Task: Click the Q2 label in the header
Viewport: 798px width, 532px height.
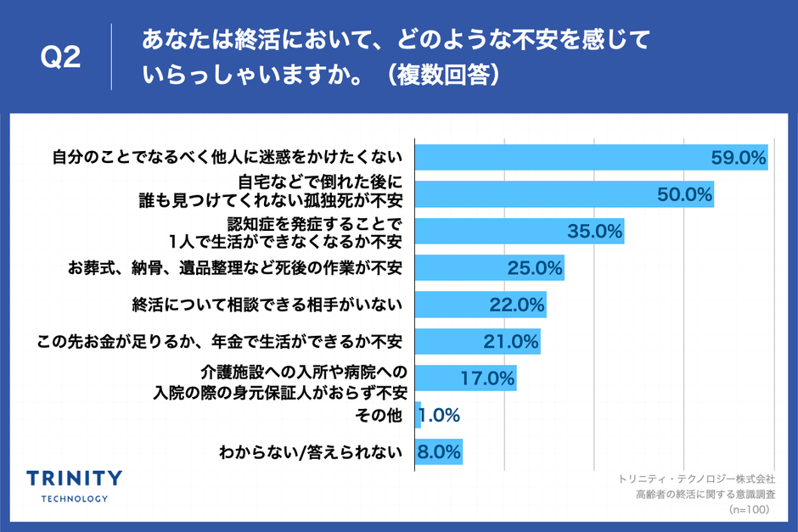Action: tap(61, 58)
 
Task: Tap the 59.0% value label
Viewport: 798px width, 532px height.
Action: tap(738, 158)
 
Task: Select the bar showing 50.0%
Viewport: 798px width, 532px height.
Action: tap(564, 194)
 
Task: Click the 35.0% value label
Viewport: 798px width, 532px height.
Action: tap(595, 231)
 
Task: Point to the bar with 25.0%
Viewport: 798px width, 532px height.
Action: tap(489, 268)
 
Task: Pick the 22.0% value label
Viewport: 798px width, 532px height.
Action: tap(516, 305)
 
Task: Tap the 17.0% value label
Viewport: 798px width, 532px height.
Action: tap(487, 378)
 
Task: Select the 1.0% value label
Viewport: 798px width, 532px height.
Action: tap(441, 415)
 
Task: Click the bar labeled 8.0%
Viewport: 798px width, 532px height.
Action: tap(438, 451)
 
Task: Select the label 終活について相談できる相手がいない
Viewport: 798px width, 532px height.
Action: tap(267, 305)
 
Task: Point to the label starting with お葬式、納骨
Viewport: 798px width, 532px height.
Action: tap(234, 268)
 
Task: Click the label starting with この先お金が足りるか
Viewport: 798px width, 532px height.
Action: tap(220, 341)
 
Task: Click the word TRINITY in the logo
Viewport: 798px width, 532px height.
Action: tap(75, 478)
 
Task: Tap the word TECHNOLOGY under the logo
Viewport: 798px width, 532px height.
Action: tap(75, 498)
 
